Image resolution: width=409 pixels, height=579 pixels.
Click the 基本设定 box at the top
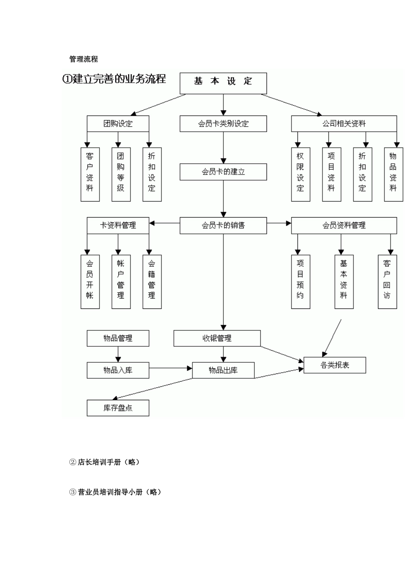pos(223,83)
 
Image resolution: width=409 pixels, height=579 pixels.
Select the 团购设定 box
pos(118,124)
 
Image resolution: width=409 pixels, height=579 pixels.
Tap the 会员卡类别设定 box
pos(223,124)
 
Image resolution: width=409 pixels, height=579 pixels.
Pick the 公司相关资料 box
pos(344,124)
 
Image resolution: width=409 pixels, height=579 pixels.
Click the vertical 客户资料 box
pos(90,174)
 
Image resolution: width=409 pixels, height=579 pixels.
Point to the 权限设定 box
pos(301,174)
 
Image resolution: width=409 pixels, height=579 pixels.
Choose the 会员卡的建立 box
pos(223,172)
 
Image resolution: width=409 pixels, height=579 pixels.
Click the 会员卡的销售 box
pos(223,225)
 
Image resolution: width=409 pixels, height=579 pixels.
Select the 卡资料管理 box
pos(118,225)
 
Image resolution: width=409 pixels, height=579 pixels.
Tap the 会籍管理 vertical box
pos(152,282)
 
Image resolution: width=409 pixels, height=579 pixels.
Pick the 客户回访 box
pos(387,282)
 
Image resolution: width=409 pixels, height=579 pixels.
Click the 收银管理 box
pos(217,338)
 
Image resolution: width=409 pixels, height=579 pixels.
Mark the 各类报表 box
pos(335,365)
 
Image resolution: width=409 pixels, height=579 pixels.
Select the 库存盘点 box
pos(118,408)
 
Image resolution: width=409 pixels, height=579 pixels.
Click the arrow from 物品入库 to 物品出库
pos(170,368)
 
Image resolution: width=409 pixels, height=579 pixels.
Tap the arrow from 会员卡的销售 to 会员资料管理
pos(279,223)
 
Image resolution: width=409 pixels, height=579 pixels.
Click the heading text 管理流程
pos(84,59)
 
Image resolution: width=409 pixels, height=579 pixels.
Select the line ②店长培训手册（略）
pos(105,462)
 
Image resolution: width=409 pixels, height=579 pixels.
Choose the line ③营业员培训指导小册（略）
pos(115,492)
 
